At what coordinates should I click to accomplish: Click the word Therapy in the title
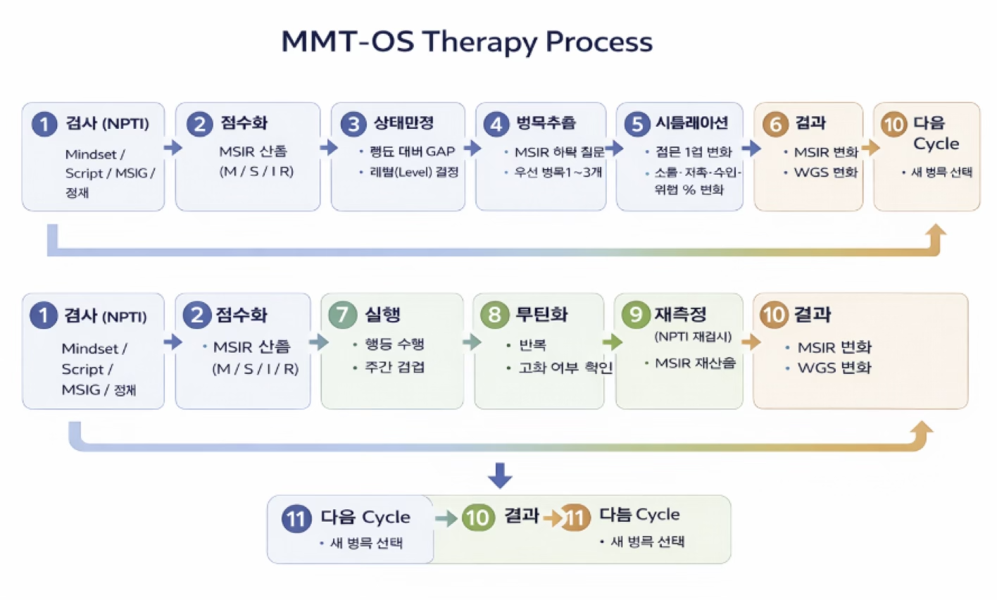(x=479, y=42)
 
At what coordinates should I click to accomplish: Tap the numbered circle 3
(x=353, y=125)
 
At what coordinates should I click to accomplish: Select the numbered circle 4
(x=496, y=125)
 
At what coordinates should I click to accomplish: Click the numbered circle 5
(x=637, y=125)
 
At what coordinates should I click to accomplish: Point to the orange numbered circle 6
(x=775, y=125)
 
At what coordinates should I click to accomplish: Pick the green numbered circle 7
(x=342, y=314)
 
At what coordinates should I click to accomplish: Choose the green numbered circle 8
(x=494, y=314)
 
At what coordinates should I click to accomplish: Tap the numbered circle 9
(x=636, y=314)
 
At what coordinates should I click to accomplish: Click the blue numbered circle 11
(x=296, y=519)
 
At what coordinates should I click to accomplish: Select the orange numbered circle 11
(x=575, y=518)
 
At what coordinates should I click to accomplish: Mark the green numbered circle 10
(x=478, y=518)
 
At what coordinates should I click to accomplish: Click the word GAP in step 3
(x=441, y=151)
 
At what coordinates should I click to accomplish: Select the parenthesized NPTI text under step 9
(x=693, y=337)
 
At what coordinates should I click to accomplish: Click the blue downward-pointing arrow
(x=500, y=475)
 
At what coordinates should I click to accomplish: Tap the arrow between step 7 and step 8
(x=472, y=342)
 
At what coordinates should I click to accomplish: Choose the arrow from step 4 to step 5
(x=614, y=148)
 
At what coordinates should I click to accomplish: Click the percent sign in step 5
(x=689, y=189)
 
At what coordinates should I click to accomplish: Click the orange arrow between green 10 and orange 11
(x=553, y=518)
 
